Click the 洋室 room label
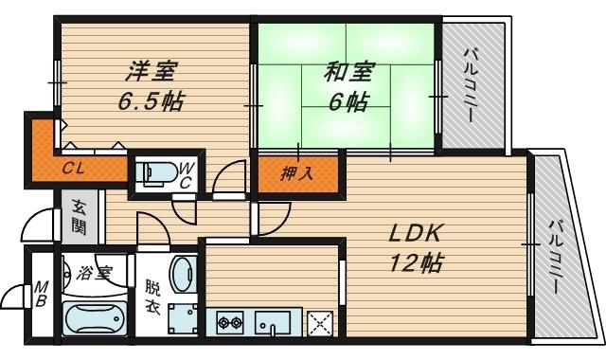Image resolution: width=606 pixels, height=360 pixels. [x=151, y=71]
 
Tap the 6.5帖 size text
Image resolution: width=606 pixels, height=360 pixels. [x=151, y=101]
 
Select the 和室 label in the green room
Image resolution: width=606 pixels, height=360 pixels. [x=348, y=72]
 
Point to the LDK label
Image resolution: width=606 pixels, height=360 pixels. [x=415, y=234]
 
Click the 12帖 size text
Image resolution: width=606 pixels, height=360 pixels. [x=416, y=263]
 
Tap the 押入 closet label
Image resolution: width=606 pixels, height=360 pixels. [x=296, y=173]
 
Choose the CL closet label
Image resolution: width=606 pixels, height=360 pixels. [x=74, y=169]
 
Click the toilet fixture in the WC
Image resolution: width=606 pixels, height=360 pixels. [x=157, y=172]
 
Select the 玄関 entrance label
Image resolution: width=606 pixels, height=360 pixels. [x=79, y=217]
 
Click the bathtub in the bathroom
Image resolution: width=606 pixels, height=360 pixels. [x=95, y=319]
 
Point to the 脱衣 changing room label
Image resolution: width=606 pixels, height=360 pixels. [x=152, y=297]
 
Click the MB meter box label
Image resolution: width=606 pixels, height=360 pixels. [x=41, y=294]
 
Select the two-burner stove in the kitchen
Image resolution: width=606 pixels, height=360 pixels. [x=230, y=322]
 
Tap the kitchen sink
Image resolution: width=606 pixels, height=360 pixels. [x=273, y=323]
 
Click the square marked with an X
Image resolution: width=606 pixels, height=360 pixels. [x=320, y=323]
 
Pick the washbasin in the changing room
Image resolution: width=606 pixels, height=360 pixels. [x=184, y=275]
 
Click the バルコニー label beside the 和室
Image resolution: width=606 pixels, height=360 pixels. [x=472, y=84]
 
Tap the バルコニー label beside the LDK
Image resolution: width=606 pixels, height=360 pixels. [x=556, y=257]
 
